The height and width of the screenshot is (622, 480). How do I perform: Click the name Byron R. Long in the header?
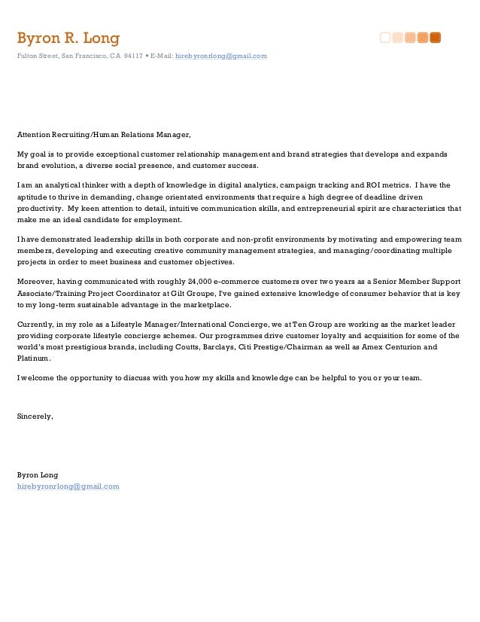click(x=68, y=38)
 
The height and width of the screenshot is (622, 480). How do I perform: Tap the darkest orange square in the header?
click(x=435, y=38)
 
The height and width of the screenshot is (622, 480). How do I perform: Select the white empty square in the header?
click(x=385, y=38)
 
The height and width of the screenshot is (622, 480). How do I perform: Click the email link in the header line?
click(x=221, y=56)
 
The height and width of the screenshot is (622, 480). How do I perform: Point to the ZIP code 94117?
click(x=135, y=56)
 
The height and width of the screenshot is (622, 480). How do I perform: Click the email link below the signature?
click(x=68, y=486)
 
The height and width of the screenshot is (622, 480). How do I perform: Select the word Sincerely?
click(x=35, y=416)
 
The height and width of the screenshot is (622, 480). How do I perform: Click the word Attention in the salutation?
click(x=34, y=135)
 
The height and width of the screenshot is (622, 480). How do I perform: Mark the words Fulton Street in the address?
click(x=38, y=56)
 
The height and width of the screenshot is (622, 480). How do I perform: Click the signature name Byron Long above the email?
click(x=38, y=474)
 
